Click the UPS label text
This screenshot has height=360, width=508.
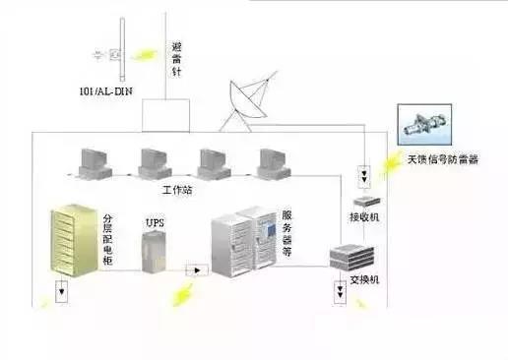tap(155, 223)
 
